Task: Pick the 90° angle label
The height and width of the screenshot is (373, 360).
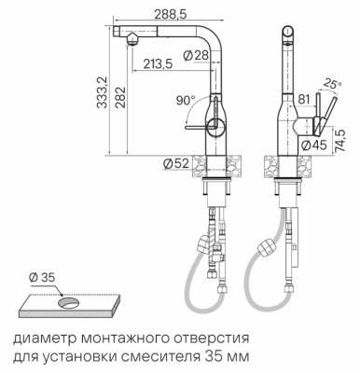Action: click(184, 100)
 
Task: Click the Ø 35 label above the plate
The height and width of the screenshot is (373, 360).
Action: click(42, 276)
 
